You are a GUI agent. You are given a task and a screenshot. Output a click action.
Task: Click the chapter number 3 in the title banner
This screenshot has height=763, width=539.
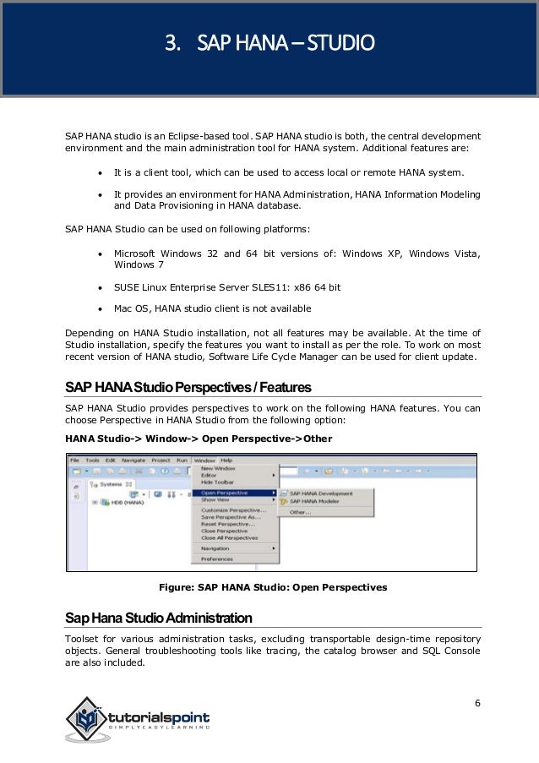coord(170,42)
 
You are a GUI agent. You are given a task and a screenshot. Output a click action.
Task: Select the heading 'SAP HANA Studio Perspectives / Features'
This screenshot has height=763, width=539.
coord(188,387)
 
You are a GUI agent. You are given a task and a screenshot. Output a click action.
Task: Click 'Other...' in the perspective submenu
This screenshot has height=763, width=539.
coord(301,512)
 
